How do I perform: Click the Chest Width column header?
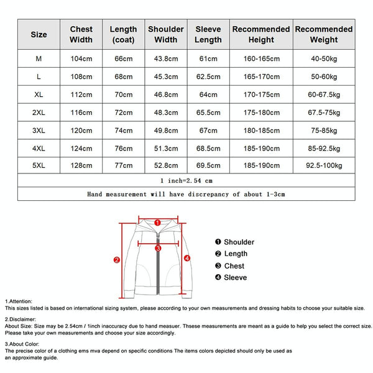[81, 34]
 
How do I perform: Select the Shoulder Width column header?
[166, 34]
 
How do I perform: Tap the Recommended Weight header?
[323, 34]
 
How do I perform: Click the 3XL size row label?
[39, 131]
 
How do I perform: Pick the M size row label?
[39, 59]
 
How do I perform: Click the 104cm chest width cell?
[81, 59]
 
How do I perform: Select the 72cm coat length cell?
[123, 113]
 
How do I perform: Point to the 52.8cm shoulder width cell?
[166, 166]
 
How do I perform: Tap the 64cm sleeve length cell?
[208, 94]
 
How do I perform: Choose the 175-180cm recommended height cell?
[261, 113]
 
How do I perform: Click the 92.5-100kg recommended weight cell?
[323, 166]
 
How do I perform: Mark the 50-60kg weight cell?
[323, 77]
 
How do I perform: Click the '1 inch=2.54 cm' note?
[186, 180]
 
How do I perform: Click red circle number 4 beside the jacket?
[187, 258]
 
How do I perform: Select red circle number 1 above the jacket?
[158, 222]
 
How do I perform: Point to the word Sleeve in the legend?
[236, 277]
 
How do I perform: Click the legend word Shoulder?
[239, 242]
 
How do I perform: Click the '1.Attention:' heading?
[19, 301]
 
